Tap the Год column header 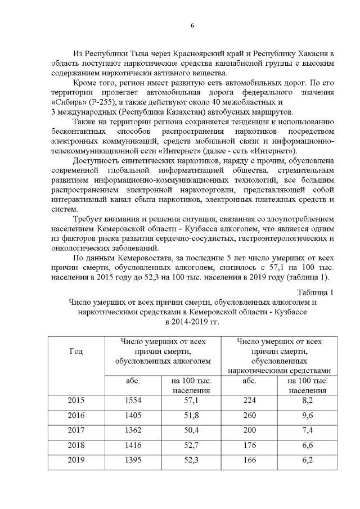[x=76, y=352]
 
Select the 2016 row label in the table [x=76, y=416]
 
